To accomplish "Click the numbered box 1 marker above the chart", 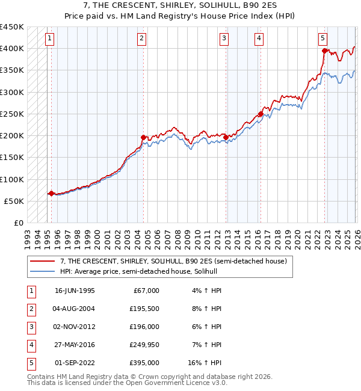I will click(x=49, y=38).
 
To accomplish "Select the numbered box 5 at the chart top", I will click(x=323, y=38).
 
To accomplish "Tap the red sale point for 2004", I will click(x=143, y=138).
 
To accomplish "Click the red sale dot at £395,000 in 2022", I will click(x=324, y=51).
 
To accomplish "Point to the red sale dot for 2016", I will click(x=261, y=114).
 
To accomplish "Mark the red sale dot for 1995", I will click(x=51, y=194).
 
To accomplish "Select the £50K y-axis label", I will click(x=14, y=201).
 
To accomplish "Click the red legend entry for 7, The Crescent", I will click(x=176, y=261).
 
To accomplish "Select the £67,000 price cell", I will click(x=145, y=291).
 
